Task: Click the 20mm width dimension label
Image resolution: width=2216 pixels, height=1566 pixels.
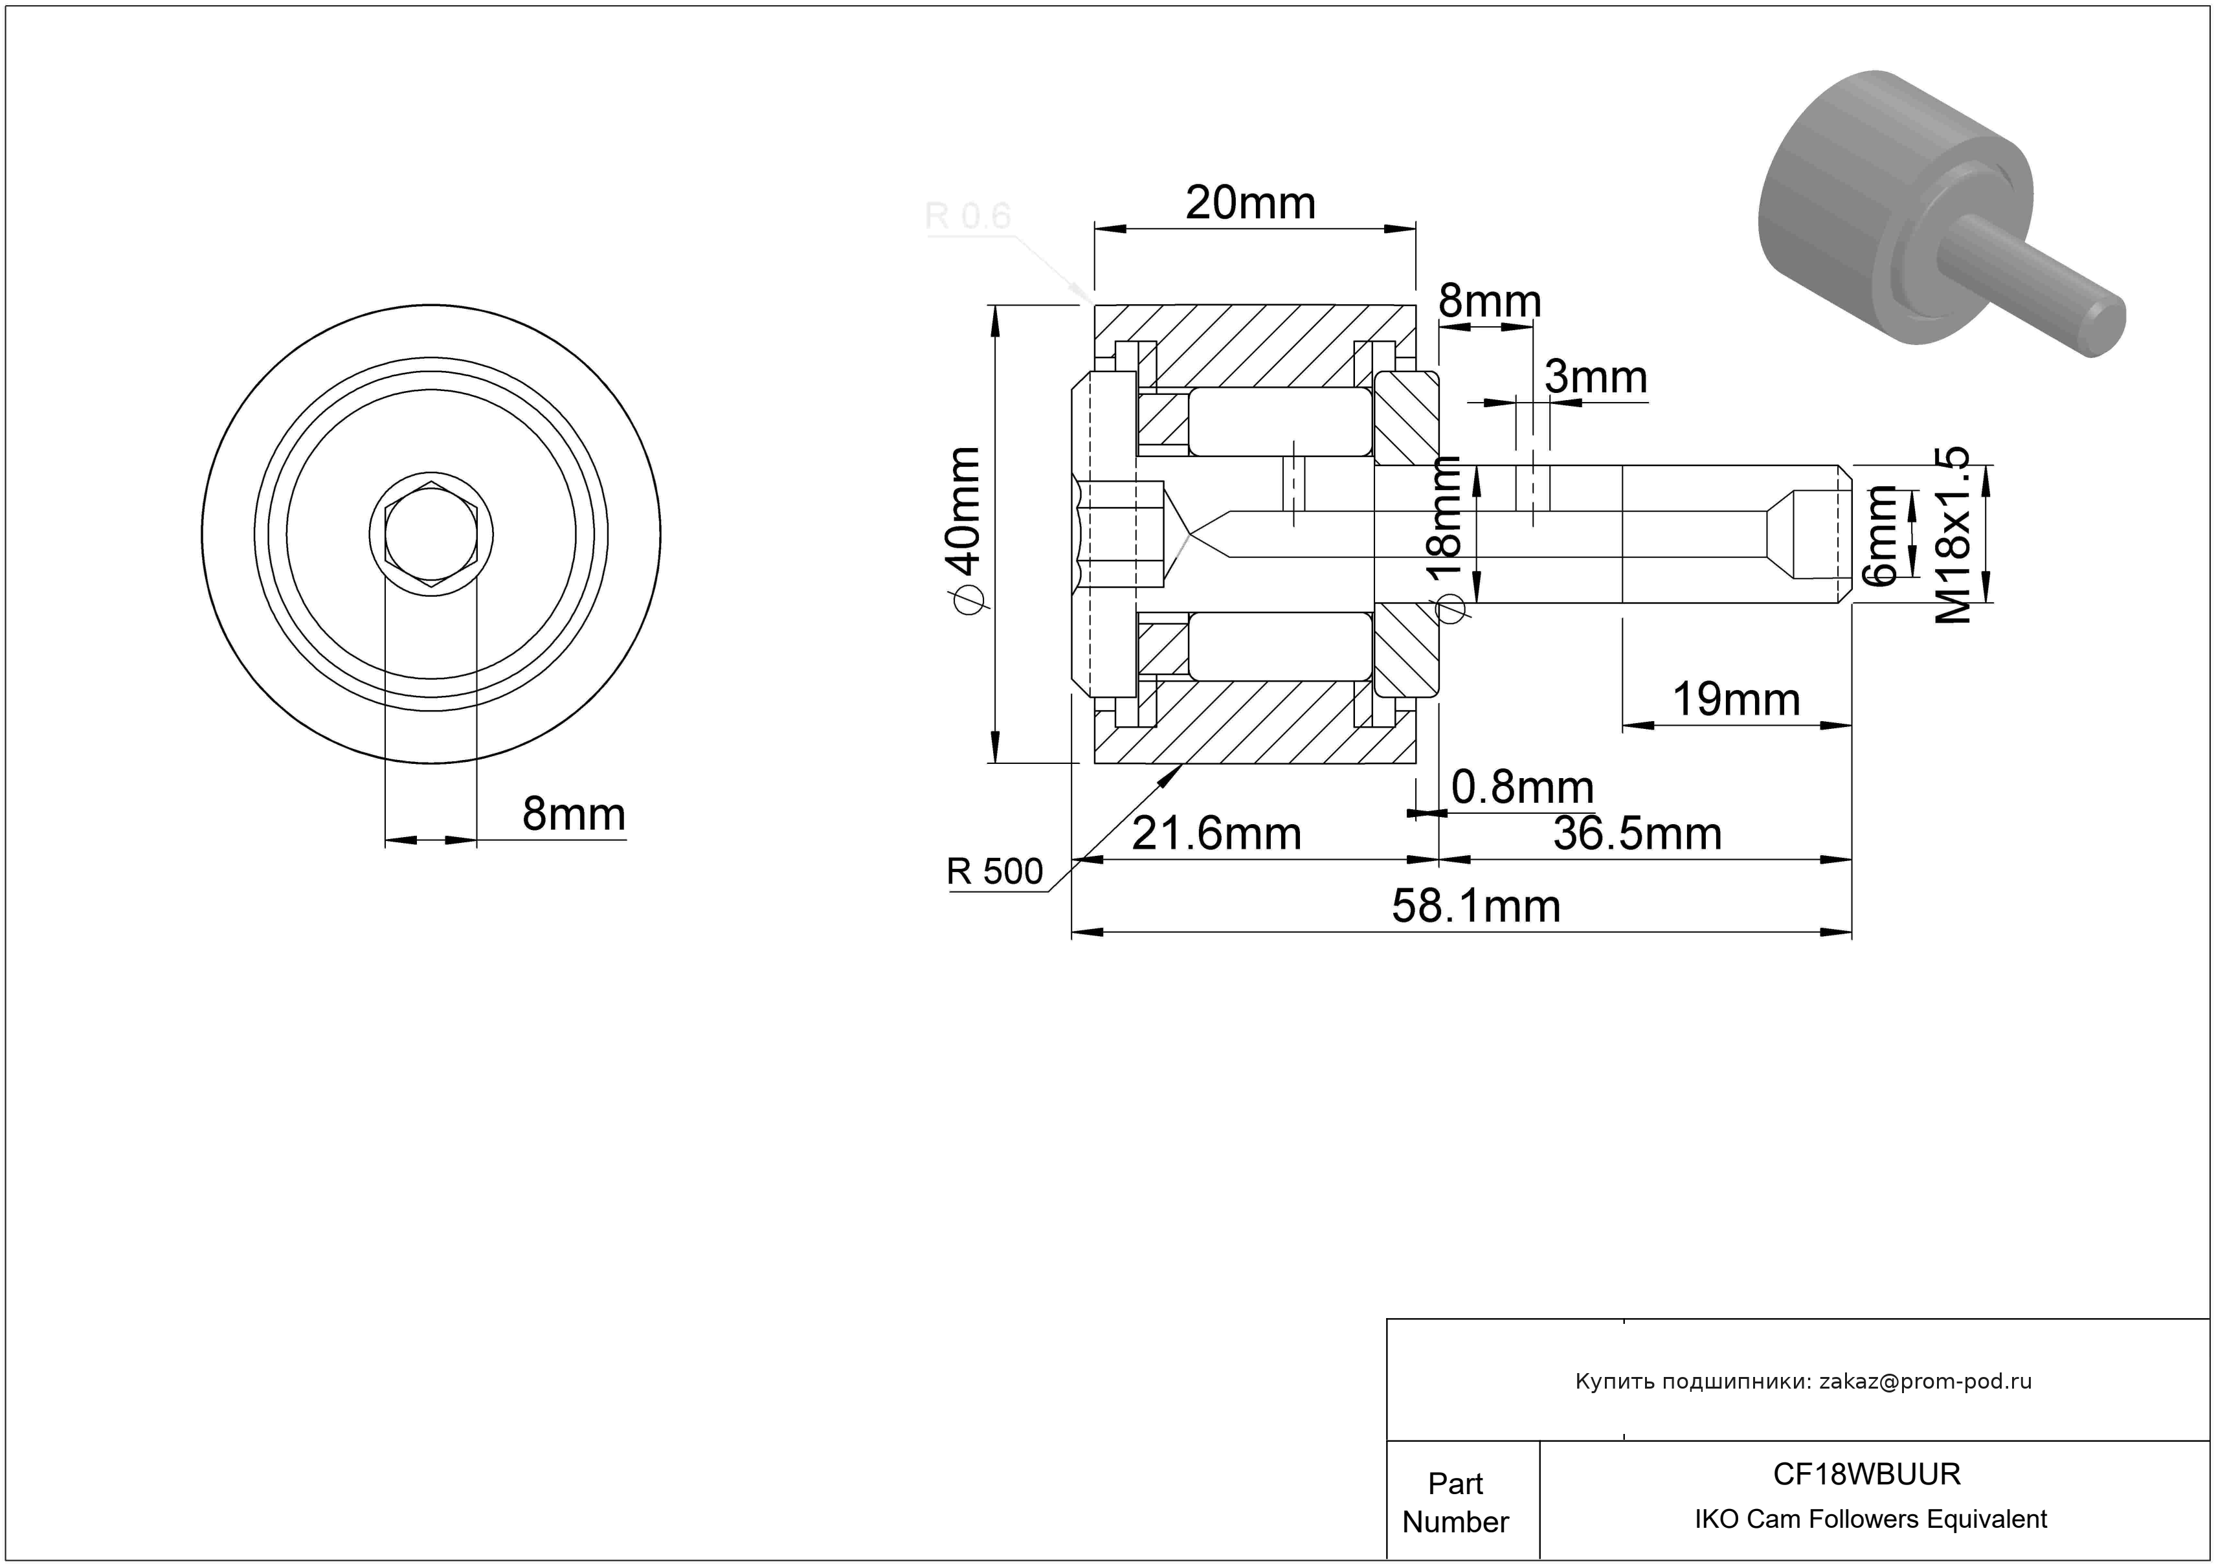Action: point(1250,203)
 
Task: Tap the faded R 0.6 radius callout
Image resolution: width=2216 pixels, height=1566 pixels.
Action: point(968,216)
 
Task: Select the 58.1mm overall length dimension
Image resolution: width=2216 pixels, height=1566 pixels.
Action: point(1476,907)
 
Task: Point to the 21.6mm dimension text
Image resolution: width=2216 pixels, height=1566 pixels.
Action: point(1216,834)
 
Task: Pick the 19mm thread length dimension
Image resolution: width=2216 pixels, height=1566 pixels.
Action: point(1736,700)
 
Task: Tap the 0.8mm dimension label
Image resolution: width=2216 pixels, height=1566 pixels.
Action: point(1522,789)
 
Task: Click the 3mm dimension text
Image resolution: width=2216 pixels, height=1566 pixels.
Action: point(1595,377)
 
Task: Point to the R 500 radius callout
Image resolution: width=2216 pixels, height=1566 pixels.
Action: point(994,871)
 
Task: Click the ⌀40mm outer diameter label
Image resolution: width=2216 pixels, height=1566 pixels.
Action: point(965,529)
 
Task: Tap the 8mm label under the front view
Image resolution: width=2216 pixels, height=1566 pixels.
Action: point(574,814)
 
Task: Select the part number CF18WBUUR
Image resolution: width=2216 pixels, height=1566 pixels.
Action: point(1866,1473)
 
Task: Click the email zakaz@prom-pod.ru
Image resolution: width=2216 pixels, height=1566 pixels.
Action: point(1925,1381)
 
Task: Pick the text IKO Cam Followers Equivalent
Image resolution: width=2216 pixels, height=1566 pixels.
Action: point(1870,1519)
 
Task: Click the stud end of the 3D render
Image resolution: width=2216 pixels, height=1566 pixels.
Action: point(2104,329)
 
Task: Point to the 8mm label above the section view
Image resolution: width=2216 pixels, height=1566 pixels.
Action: point(1489,302)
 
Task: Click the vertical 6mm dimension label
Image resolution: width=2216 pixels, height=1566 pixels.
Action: point(1884,535)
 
